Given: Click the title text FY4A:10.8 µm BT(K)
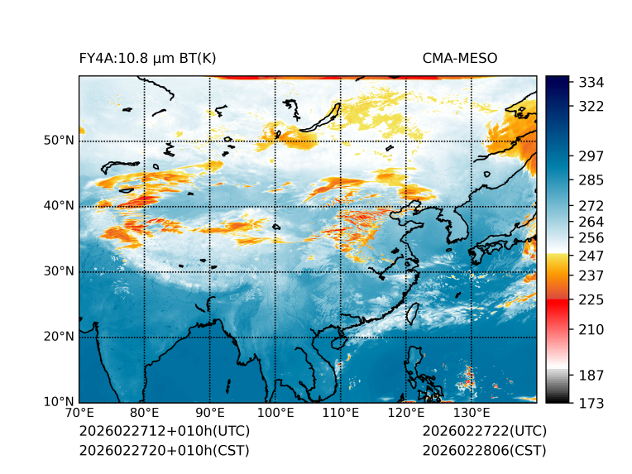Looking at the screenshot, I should [x=148, y=58].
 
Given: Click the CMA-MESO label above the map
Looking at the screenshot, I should [x=460, y=58].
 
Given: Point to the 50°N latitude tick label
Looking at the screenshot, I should [x=59, y=141].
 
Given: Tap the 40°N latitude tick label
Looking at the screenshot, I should [x=59, y=206].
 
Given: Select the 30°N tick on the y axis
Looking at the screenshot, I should [x=59, y=271].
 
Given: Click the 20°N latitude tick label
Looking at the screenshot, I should [x=59, y=337].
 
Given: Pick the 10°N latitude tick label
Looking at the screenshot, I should [x=59, y=402].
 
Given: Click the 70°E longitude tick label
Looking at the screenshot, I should [x=79, y=413].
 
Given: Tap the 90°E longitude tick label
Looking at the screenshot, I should [x=210, y=413].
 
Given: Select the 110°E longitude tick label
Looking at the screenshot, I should [x=341, y=413].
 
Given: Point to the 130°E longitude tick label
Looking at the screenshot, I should [x=472, y=413].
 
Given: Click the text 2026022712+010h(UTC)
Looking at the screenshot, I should [x=164, y=432].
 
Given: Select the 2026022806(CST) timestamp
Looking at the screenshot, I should [x=484, y=451].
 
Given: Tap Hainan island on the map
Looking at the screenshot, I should [x=337, y=342].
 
